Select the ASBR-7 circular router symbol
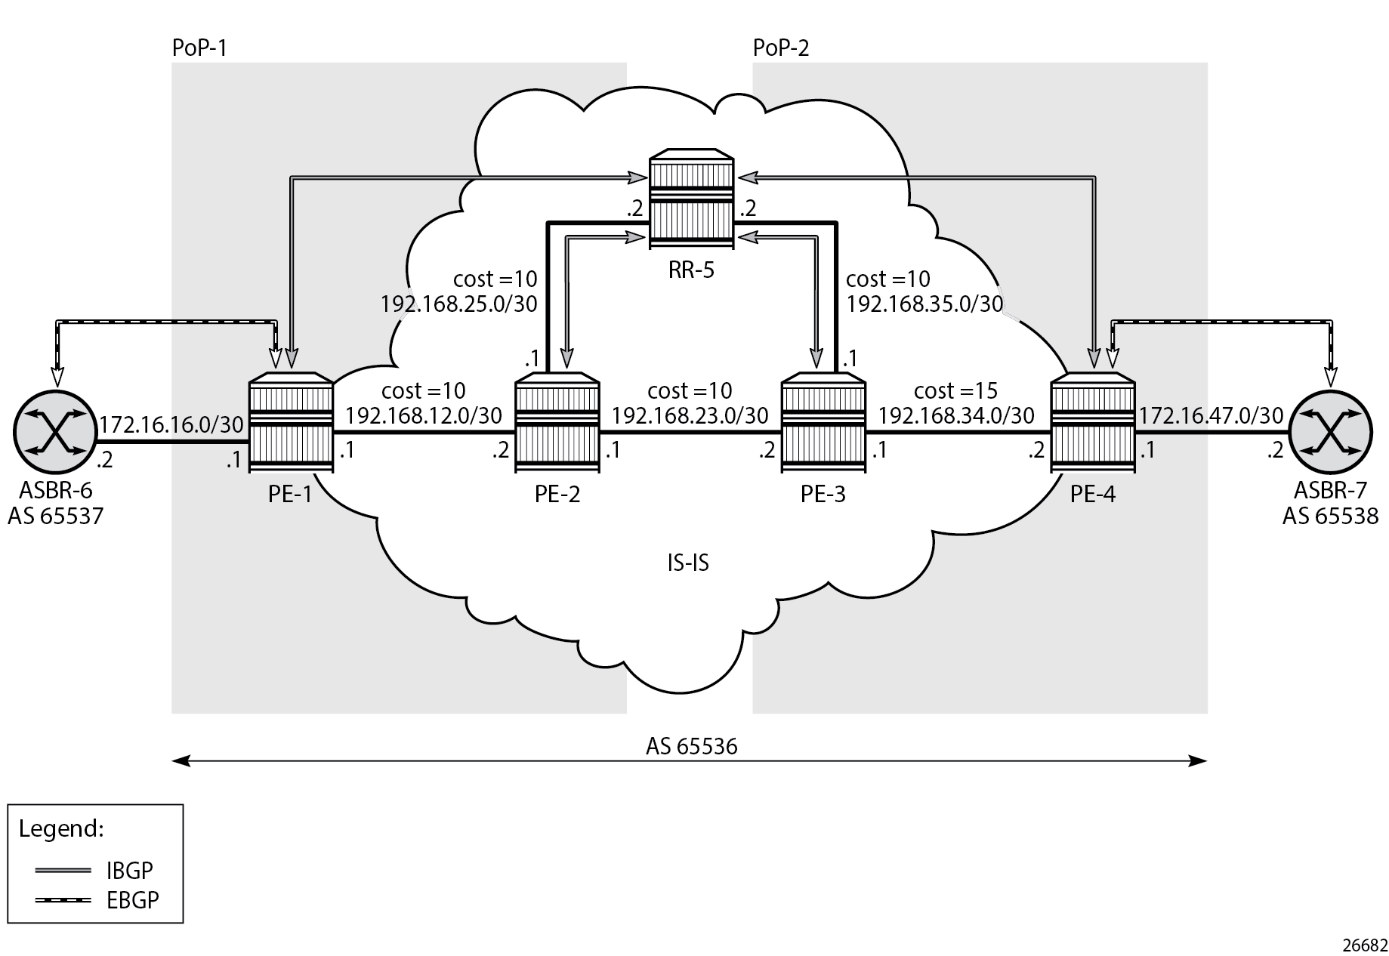(1330, 433)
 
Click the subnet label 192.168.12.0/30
(423, 415)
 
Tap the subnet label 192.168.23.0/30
(690, 415)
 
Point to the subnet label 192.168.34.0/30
(955, 415)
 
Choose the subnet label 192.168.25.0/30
(458, 304)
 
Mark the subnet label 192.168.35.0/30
(924, 304)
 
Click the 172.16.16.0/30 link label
(171, 424)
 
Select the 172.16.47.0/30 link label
(1211, 415)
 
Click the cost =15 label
(955, 390)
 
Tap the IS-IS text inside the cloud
(688, 563)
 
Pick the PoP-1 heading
(199, 48)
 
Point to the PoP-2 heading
(781, 48)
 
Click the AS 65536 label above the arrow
(691, 746)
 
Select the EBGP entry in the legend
(132, 900)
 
